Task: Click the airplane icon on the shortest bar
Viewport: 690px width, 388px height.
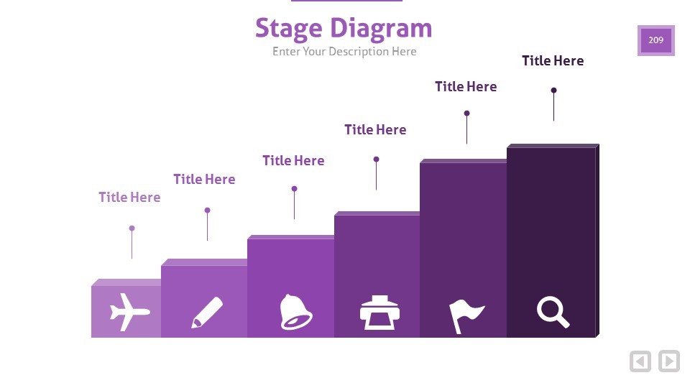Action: click(130, 312)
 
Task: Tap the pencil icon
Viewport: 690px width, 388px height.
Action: click(207, 313)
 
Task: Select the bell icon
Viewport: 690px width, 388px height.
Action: click(295, 312)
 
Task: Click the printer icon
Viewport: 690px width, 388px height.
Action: click(379, 313)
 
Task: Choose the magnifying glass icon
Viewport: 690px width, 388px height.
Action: click(553, 313)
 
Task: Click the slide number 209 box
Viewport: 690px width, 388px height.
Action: click(655, 40)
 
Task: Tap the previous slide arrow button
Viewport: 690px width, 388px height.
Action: click(640, 361)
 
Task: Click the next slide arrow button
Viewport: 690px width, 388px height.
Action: click(669, 361)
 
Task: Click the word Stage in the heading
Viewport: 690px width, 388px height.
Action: click(289, 29)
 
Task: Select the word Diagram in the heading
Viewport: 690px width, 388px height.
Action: click(381, 29)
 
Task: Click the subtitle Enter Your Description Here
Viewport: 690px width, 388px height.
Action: click(344, 52)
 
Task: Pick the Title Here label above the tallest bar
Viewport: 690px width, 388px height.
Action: click(553, 60)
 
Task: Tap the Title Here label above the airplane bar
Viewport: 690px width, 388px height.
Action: click(129, 197)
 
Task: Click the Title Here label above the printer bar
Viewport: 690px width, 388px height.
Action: click(375, 130)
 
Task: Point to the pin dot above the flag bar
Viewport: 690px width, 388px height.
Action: click(467, 113)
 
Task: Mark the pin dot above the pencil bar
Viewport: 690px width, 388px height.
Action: click(207, 211)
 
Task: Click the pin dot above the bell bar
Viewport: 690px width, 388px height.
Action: click(295, 189)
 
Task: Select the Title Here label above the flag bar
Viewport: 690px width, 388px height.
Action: click(466, 87)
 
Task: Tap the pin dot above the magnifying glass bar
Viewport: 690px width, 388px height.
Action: click(553, 91)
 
